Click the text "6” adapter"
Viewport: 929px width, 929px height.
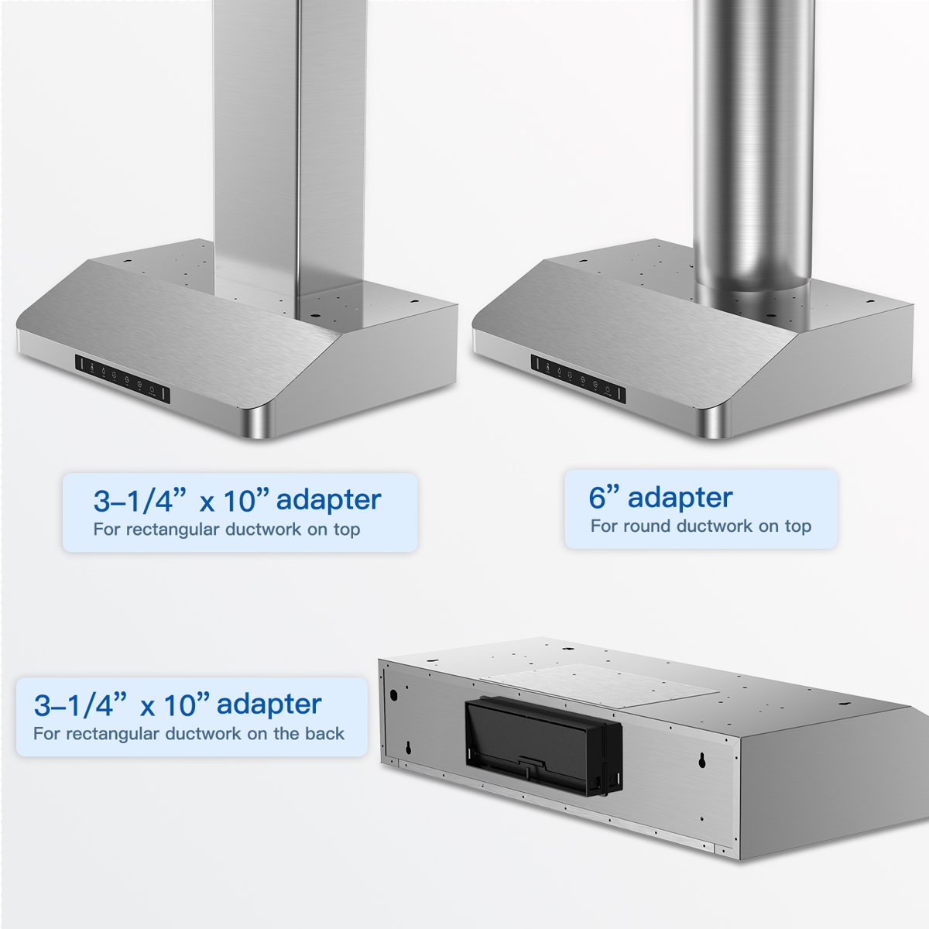[x=660, y=498]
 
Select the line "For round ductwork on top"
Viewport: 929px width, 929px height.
[x=701, y=526]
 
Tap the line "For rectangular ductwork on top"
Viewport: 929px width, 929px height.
[x=227, y=530]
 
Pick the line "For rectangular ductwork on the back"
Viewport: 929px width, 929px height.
[x=189, y=733]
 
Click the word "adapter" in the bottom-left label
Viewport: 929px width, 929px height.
[x=269, y=704]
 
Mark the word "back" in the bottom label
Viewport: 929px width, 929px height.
[x=325, y=733]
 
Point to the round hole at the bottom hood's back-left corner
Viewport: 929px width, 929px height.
[x=393, y=694]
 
